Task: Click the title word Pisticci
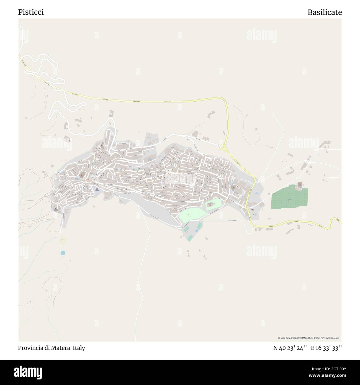click(31, 12)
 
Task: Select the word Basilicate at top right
click(325, 12)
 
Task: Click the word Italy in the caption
click(79, 348)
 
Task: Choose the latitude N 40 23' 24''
click(290, 348)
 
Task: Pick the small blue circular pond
click(63, 253)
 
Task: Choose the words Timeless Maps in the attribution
click(332, 338)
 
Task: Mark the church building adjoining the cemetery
click(300, 184)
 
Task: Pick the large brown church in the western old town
click(82, 176)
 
